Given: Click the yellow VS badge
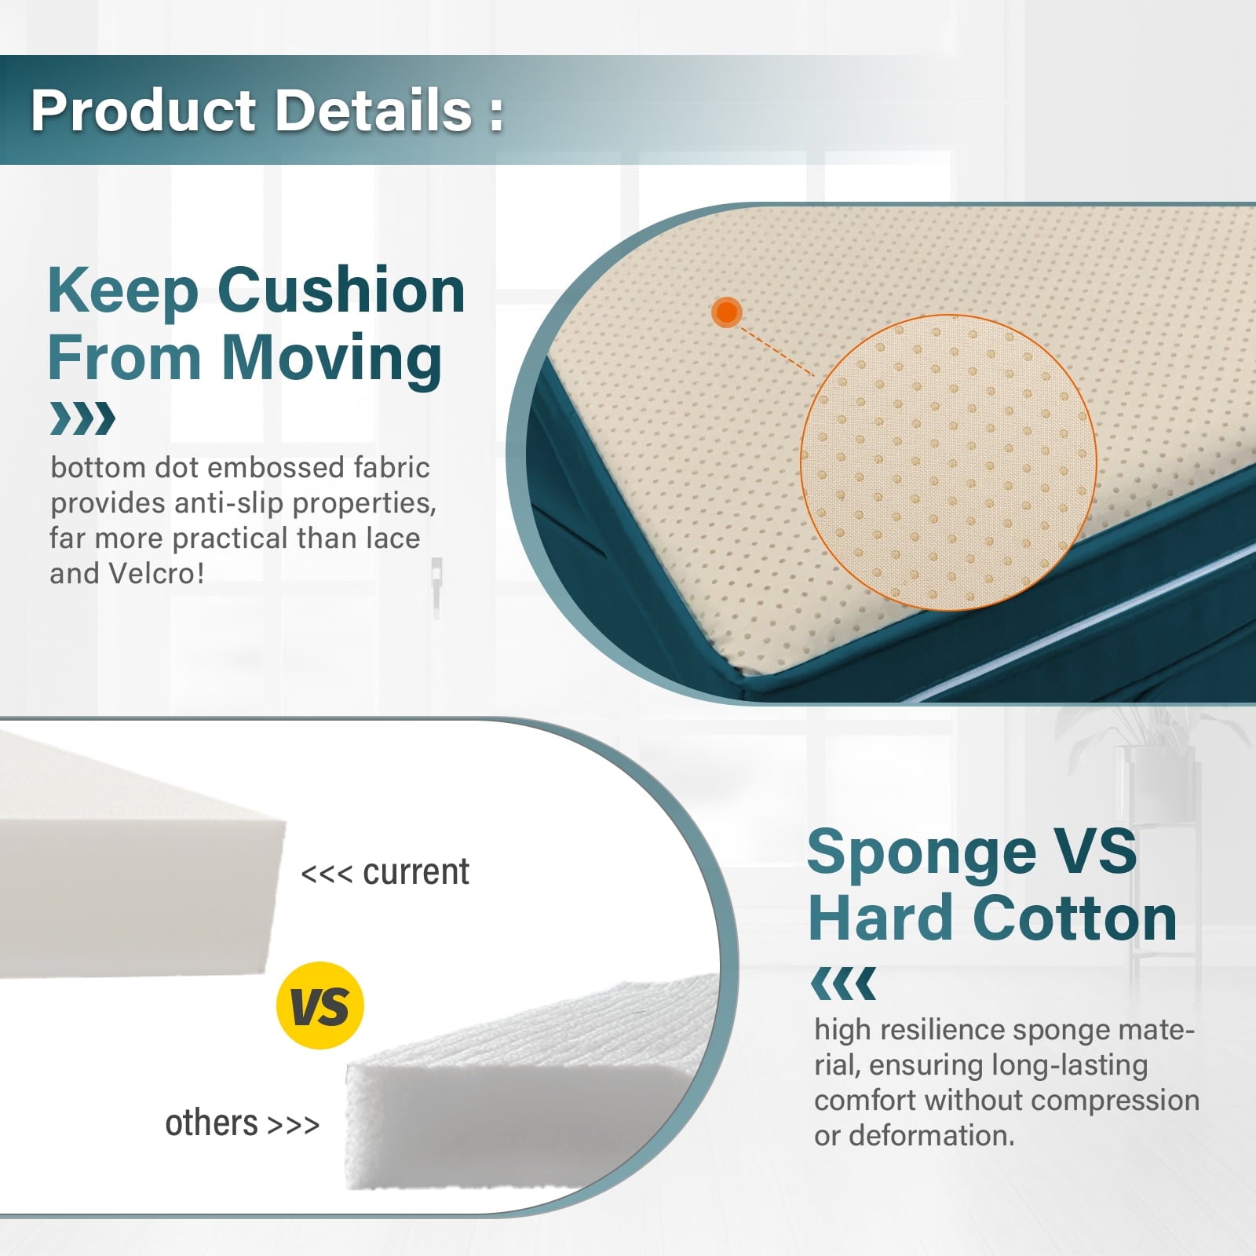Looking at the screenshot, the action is pos(320,1005).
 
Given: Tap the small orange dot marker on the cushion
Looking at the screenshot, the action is pos(727,312).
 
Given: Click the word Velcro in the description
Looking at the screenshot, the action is pos(155,573).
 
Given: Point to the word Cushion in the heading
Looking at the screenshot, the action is pos(341,290).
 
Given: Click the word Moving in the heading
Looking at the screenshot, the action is pos(332,358).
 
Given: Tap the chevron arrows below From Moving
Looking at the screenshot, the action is pos(82,418).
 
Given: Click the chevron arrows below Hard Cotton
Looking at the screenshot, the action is pos(843,984).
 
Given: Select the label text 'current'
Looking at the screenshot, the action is pos(416,872).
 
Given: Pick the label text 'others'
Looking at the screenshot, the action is pos(211,1123).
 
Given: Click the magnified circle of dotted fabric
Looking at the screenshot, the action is pos(948,462).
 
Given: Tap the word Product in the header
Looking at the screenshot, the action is pos(144,110).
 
